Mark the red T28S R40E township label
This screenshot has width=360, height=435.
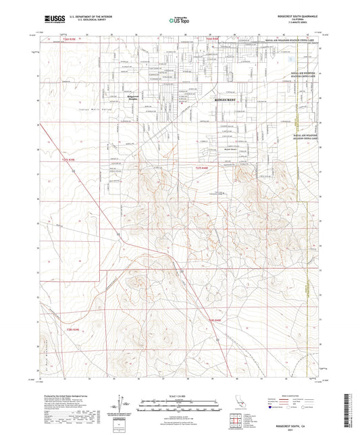click(x=214, y=319)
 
